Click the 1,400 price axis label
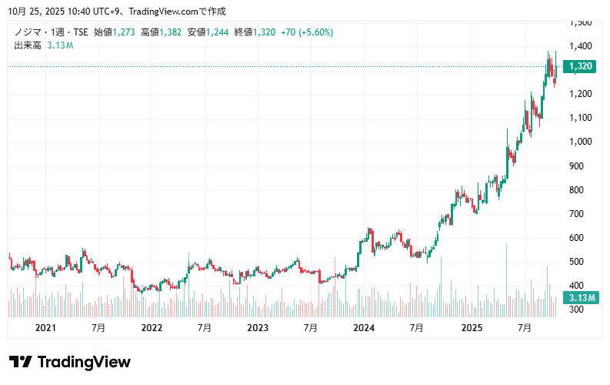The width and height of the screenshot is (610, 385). click(x=580, y=46)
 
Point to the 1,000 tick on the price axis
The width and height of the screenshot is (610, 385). click(x=580, y=142)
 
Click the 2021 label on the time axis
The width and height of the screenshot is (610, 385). click(x=46, y=328)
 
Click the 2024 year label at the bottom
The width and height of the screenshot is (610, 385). click(x=363, y=328)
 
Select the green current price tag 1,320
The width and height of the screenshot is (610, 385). click(x=580, y=67)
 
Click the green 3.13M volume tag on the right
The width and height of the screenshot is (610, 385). click(x=579, y=298)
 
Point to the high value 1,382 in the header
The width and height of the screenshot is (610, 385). click(x=170, y=32)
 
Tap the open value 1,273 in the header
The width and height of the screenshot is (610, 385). click(x=123, y=32)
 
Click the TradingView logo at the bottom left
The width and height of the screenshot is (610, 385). click(x=69, y=362)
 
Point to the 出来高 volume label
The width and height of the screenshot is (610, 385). click(x=28, y=45)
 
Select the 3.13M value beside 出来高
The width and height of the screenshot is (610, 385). click(x=60, y=45)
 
